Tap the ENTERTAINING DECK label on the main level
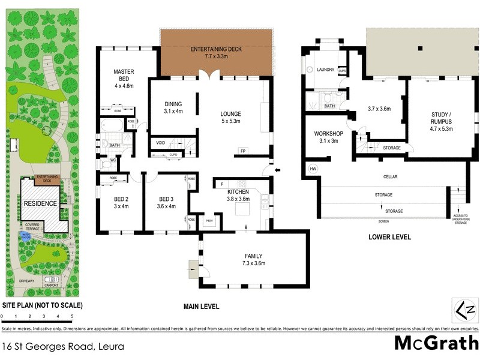(215, 49)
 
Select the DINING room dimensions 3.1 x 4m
(173, 111)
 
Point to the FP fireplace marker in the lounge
(244, 151)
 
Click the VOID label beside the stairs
(160, 143)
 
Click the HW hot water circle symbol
(313, 169)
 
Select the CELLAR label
(391, 177)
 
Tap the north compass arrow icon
(464, 310)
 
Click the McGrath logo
(436, 343)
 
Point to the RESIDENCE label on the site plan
(40, 203)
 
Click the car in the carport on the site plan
(52, 279)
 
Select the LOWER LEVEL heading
(389, 237)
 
